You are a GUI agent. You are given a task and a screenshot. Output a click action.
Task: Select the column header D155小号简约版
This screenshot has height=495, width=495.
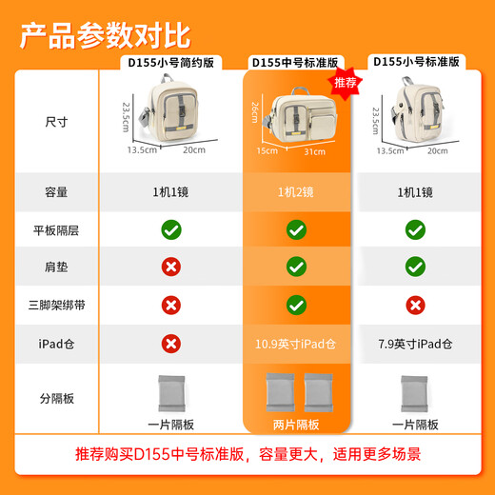click(172, 62)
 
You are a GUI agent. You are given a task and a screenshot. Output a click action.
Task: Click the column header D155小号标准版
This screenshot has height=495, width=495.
click(416, 62)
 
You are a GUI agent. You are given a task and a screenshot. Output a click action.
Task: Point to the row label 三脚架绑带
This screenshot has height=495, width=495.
click(56, 305)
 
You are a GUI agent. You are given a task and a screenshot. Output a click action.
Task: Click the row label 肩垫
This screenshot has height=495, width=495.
click(56, 267)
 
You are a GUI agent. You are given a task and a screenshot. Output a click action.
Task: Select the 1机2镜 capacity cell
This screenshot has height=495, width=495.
click(296, 191)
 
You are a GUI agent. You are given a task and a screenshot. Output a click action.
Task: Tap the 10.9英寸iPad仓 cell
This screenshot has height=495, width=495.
click(296, 343)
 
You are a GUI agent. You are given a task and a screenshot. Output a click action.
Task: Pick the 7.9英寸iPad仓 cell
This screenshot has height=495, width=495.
click(415, 343)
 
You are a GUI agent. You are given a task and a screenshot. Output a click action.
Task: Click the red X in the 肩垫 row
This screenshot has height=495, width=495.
click(171, 267)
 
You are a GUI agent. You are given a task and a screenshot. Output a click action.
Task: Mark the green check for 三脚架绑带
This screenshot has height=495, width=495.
click(296, 305)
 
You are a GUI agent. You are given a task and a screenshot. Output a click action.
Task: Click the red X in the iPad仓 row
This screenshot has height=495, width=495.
click(171, 343)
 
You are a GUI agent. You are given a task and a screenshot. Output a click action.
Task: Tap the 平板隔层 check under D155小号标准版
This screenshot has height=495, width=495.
click(415, 229)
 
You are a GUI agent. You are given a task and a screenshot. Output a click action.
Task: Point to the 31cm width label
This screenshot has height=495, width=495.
click(315, 150)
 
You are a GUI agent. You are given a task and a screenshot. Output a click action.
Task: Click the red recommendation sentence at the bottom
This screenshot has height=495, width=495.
click(247, 456)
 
